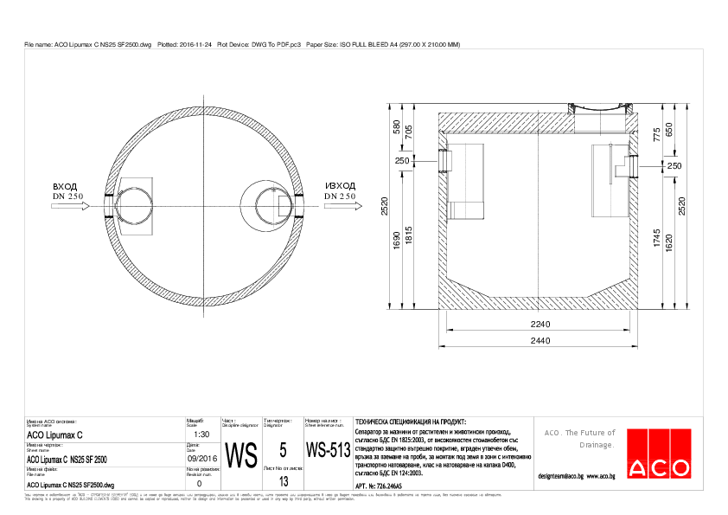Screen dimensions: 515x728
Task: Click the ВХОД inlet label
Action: (65, 186)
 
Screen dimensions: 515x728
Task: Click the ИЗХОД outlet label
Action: (340, 186)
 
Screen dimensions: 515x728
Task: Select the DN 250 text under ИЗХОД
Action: (340, 196)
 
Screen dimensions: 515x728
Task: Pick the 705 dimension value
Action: (409, 132)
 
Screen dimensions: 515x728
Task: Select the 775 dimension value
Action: (656, 133)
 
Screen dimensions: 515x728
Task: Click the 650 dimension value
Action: (668, 128)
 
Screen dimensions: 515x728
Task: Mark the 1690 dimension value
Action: (397, 241)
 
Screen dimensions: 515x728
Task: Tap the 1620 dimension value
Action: (668, 243)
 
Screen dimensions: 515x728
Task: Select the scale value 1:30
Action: (199, 435)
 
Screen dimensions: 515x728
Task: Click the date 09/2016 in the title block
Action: (201, 460)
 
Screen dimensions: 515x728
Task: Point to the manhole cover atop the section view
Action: (597, 107)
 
